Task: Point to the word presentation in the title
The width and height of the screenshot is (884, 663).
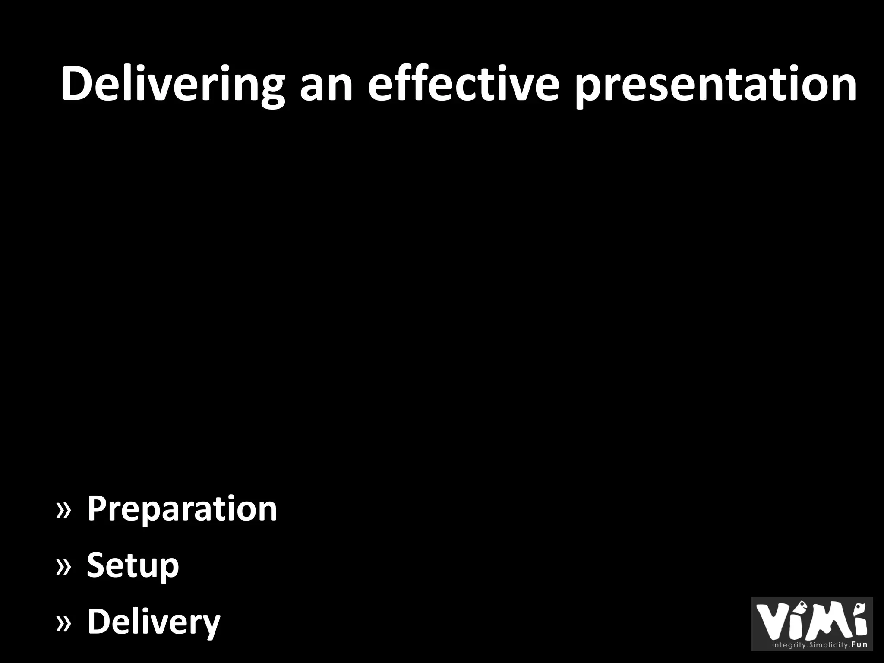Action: pyautogui.click(x=716, y=85)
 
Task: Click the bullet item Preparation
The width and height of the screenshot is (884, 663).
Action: pyautogui.click(x=182, y=510)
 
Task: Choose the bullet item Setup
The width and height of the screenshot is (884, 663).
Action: pyautogui.click(x=133, y=566)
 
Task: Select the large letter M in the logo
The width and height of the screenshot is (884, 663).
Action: pyautogui.click(x=827, y=622)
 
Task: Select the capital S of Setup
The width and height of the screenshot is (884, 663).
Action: pyautogui.click(x=97, y=565)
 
